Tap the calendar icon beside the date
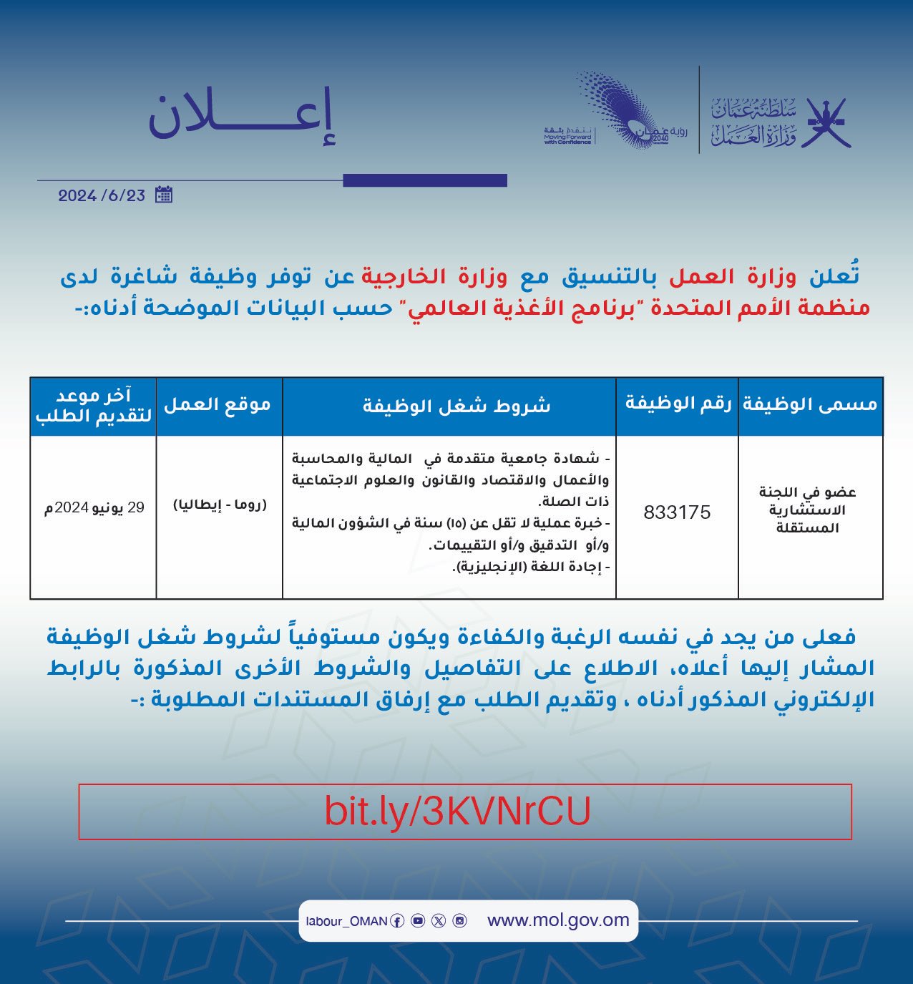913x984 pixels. pyautogui.click(x=164, y=195)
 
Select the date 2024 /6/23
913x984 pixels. pyautogui.click(x=102, y=195)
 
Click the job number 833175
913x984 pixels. pyautogui.click(x=677, y=512)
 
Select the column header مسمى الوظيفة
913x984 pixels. pyautogui.click(x=810, y=404)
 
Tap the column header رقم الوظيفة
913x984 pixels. pyautogui.click(x=678, y=404)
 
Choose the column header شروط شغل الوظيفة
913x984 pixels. pyautogui.click(x=456, y=406)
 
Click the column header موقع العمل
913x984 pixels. pyautogui.click(x=218, y=405)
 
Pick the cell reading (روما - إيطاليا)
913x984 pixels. pyautogui.click(x=220, y=505)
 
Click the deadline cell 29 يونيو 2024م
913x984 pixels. pyautogui.click(x=94, y=508)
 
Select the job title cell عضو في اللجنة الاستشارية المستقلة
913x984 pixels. pyautogui.click(x=808, y=510)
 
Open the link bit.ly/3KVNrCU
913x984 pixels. pyautogui.click(x=458, y=812)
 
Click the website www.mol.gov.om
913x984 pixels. pyautogui.click(x=558, y=920)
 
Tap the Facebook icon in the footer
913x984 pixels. pyautogui.click(x=397, y=921)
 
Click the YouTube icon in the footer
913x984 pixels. pyautogui.click(x=418, y=921)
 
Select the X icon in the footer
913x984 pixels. pyautogui.click(x=439, y=921)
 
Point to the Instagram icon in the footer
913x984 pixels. pyautogui.click(x=460, y=921)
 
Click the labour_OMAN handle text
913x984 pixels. pyautogui.click(x=346, y=922)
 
